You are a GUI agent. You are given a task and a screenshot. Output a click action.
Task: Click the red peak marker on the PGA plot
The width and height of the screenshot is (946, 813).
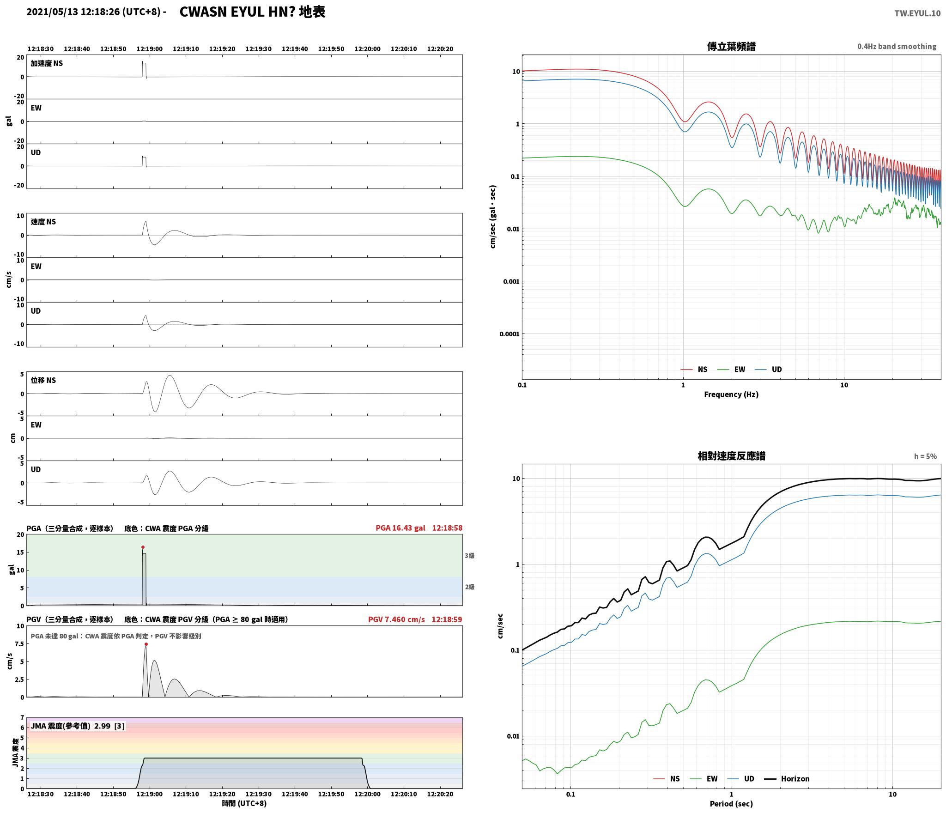[143, 547]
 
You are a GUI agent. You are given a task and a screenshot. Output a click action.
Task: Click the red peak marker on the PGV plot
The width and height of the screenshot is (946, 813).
[146, 644]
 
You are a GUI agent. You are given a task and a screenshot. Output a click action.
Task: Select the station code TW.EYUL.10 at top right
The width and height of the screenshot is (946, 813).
[917, 13]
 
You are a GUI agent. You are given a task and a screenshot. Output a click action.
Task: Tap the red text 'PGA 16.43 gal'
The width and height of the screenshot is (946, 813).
[400, 528]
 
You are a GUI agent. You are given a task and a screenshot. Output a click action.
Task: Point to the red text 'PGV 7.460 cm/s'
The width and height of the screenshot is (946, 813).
[396, 619]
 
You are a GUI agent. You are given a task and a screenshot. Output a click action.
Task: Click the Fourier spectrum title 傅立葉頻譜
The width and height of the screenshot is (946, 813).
[731, 46]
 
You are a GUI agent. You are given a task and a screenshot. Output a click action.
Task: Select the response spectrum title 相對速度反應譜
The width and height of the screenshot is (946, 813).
[731, 456]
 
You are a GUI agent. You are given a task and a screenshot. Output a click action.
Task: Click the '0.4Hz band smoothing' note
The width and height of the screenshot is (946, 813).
[897, 47]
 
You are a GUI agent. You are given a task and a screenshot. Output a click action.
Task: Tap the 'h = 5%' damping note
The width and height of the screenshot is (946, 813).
[925, 456]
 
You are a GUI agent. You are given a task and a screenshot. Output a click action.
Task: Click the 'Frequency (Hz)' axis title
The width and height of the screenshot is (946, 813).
[731, 394]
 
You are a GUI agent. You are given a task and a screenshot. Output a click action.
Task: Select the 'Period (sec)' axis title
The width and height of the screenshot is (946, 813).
[731, 804]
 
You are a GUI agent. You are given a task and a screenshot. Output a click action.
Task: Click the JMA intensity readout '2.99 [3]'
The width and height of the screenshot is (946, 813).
[109, 726]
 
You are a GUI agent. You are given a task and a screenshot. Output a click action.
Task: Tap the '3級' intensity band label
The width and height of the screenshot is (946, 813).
[470, 556]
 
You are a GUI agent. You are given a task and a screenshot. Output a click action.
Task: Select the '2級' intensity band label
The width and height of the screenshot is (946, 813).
[470, 587]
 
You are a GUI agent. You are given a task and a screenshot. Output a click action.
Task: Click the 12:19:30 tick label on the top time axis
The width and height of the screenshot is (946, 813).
[258, 49]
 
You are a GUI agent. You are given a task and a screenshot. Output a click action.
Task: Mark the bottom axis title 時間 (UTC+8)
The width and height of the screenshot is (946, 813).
[244, 803]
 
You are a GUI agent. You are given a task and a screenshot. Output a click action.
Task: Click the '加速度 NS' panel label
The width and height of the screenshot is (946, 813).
[47, 63]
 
